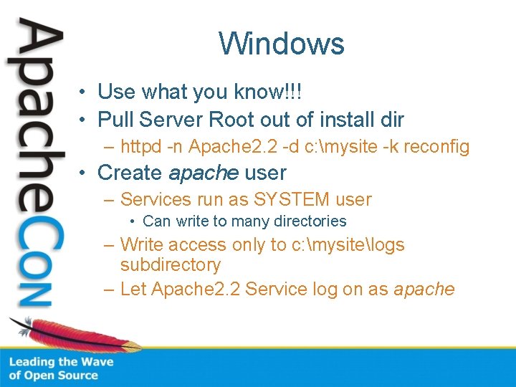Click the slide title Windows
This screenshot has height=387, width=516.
pyautogui.click(x=282, y=43)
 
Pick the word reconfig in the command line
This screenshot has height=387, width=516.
pyautogui.click(x=436, y=147)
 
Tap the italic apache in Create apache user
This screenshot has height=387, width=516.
pyautogui.click(x=204, y=173)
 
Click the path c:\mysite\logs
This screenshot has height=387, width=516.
pyautogui.click(x=348, y=245)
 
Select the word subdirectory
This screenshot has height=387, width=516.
pyautogui.click(x=171, y=265)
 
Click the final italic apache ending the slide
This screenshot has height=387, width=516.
pyautogui.click(x=424, y=290)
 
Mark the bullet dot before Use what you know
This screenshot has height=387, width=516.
pyautogui.click(x=84, y=92)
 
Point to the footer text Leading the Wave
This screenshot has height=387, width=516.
pyautogui.click(x=61, y=362)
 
